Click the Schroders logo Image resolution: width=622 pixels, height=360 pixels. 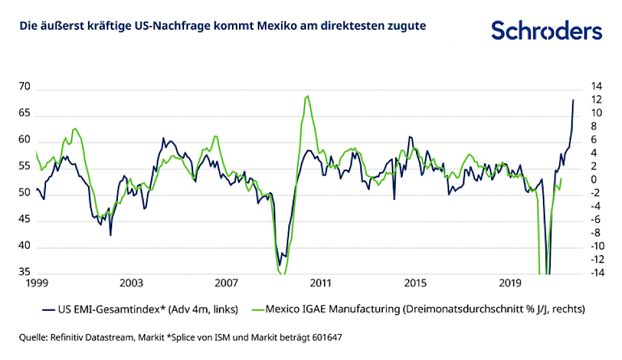point(546,30)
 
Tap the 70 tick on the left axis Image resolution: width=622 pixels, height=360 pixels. point(26,87)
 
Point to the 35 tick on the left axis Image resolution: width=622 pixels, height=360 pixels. point(26,273)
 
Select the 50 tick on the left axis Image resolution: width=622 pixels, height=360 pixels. point(26,193)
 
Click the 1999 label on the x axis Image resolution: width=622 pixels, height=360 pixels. point(36,283)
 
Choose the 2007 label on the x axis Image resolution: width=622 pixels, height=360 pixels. point(225,283)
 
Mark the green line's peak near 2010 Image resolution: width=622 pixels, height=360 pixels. point(307,96)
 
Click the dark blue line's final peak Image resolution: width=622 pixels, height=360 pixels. point(573,100)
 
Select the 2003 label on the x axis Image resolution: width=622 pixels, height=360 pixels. point(131,283)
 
